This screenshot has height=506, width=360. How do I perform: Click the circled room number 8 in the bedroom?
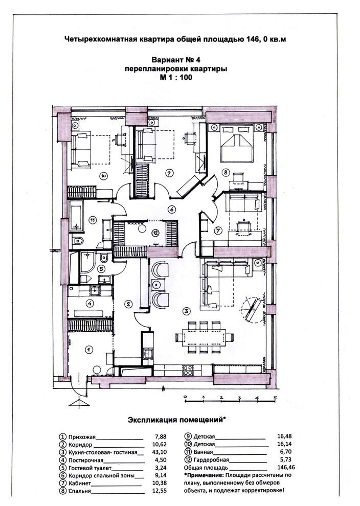pyautogui.click(x=226, y=173)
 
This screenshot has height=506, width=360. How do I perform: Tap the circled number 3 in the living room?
pyautogui.click(x=186, y=311)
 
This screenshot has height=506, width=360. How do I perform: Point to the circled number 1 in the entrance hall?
pyautogui.click(x=88, y=350)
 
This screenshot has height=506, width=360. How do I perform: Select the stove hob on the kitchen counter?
pyautogui.click(x=188, y=370)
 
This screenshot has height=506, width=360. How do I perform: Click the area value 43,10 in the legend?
pyautogui.click(x=159, y=452)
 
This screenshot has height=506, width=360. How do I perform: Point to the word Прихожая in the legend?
pyautogui.click(x=82, y=438)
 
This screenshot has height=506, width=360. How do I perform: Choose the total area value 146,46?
pyautogui.click(x=286, y=467)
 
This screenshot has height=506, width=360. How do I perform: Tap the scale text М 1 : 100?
pyautogui.click(x=176, y=78)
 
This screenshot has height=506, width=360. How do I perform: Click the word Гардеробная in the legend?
pyautogui.click(x=211, y=460)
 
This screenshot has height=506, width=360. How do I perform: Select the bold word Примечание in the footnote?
pyautogui.click(x=204, y=475)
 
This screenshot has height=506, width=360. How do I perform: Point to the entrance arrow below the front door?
pyautogui.click(x=78, y=403)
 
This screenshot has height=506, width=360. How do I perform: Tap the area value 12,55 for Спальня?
pyautogui.click(x=159, y=491)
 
